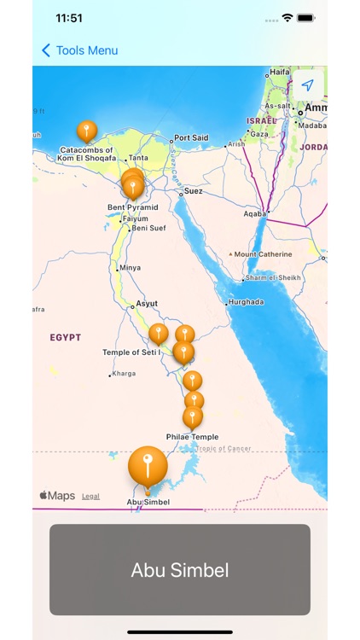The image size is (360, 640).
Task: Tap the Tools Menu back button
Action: [x=79, y=50]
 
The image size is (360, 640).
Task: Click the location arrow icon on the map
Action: [x=308, y=85]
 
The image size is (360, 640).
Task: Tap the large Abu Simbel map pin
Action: [x=148, y=466]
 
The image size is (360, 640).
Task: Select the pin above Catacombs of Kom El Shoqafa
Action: [x=86, y=131]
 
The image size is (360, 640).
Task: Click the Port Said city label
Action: [x=190, y=138]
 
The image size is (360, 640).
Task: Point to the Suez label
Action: [x=194, y=192]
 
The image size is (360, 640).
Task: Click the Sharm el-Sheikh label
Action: [x=271, y=279]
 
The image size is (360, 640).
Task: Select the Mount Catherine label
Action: [x=263, y=254]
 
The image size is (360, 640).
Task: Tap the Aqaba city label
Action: [x=254, y=214]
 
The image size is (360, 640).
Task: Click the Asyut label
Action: [x=147, y=304]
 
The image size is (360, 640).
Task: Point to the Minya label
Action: [x=130, y=268]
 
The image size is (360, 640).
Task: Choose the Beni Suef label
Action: [x=149, y=228]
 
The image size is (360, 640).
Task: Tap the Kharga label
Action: [x=124, y=374]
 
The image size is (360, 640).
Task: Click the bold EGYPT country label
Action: [x=66, y=338]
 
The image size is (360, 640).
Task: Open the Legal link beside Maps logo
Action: [x=90, y=496]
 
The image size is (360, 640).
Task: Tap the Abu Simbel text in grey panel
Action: [x=180, y=571]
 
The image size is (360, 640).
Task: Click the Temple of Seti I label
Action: [x=132, y=352]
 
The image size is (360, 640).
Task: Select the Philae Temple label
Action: [x=192, y=437]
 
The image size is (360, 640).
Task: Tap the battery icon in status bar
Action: [x=307, y=18]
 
